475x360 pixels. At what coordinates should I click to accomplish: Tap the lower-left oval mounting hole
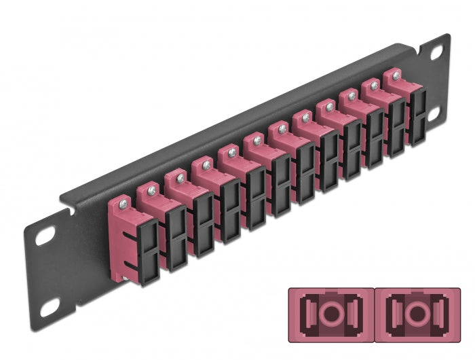pyautogui.click(x=48, y=309)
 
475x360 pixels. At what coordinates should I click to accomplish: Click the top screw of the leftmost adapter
pyautogui.click(x=122, y=202)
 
